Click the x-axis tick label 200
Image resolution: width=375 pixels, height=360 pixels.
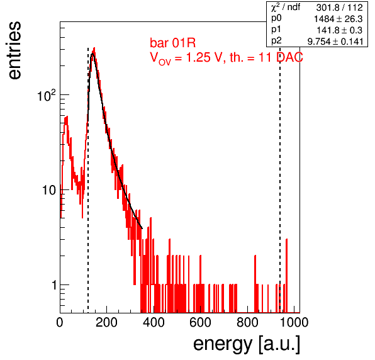pos(106,322)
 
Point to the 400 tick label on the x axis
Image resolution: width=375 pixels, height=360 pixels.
pos(154,322)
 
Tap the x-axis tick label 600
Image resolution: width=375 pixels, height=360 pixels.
pos(200,322)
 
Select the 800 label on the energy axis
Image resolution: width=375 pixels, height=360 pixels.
pos(247,322)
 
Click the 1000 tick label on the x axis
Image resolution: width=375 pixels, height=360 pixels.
pos(294,322)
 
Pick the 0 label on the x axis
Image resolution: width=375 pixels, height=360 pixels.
pos(60,322)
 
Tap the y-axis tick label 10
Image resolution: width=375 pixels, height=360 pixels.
pos(49,190)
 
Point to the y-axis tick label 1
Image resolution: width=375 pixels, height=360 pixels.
pos(54,285)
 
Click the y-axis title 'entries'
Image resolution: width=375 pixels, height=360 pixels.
pos(14,50)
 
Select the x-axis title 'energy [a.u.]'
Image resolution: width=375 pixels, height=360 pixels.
pos(247,345)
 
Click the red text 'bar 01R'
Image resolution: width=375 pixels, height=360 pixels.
pos(172,43)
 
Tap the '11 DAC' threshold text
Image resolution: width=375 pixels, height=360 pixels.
pos(281,57)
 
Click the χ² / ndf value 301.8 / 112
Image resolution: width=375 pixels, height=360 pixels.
pos(339,8)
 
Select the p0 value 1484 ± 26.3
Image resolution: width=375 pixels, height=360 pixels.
pos(338,19)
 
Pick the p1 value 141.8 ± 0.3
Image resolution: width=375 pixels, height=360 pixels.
pos(340,30)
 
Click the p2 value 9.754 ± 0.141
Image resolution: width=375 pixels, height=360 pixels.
pos(335,42)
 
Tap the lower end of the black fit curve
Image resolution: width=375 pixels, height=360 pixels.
pos(142,228)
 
